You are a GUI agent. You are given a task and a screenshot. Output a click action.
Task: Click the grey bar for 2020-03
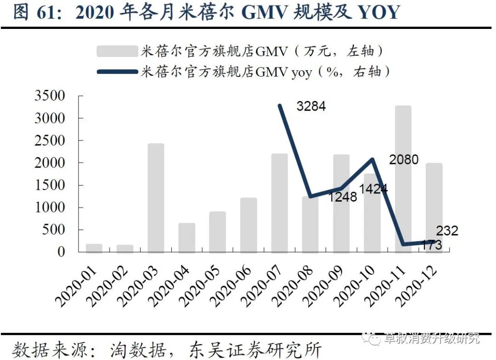[x=156, y=198]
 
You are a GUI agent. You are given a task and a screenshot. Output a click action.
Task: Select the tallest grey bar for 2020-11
[x=403, y=179]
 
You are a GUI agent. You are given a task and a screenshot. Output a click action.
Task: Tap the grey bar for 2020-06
[x=248, y=225]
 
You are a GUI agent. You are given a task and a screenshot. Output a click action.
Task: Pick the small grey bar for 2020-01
[x=94, y=248]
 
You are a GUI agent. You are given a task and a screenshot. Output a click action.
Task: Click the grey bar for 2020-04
[x=187, y=238]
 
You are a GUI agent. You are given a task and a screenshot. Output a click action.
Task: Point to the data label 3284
[x=311, y=107]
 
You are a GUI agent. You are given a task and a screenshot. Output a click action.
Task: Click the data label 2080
[x=404, y=160]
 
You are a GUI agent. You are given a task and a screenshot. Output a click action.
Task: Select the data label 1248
[x=342, y=197]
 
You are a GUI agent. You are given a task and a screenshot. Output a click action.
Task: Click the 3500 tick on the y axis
[x=50, y=96]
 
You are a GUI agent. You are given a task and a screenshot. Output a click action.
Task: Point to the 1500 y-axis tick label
[x=50, y=186]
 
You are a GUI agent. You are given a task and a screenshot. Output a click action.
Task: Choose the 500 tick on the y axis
[x=56, y=230]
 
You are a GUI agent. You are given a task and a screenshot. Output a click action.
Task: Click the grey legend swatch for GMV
[x=117, y=51]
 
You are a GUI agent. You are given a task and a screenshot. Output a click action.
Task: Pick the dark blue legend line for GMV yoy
[x=117, y=72]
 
